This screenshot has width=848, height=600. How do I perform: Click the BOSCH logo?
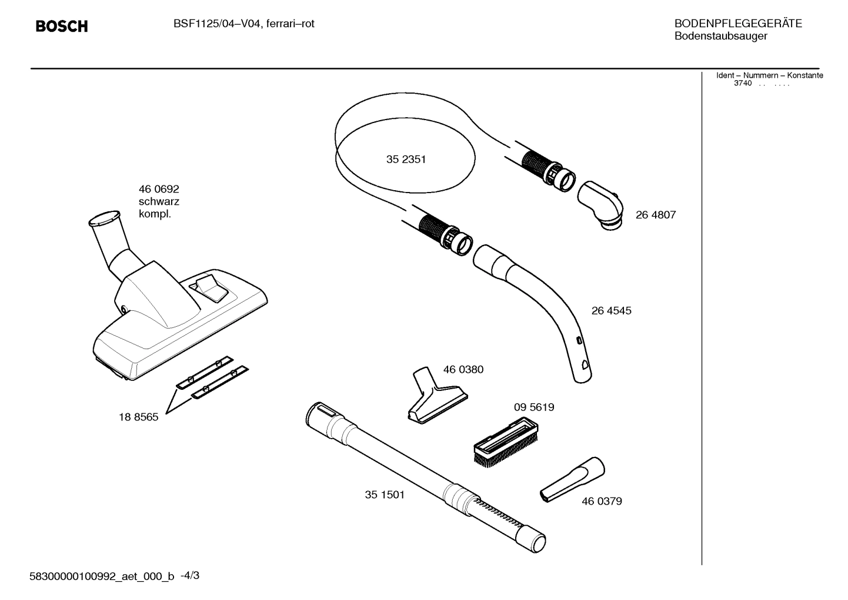coord(61,26)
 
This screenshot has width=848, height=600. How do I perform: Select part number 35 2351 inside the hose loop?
coord(406,160)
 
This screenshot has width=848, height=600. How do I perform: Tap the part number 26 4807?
coord(655,215)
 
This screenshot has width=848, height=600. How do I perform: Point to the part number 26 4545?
coord(611,311)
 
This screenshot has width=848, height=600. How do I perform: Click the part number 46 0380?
coord(463,370)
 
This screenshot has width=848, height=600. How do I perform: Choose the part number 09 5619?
coord(533,407)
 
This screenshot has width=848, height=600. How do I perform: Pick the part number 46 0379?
coord(602,501)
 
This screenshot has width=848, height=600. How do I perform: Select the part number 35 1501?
coord(385,495)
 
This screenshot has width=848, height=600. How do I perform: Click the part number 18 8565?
coord(138,417)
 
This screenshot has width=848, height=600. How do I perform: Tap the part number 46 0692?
coord(159,189)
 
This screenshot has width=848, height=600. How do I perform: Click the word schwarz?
coord(159,201)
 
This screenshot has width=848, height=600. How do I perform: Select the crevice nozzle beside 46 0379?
coord(572,479)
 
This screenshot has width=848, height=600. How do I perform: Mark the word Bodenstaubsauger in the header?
coord(720,37)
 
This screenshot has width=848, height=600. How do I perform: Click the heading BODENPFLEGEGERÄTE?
coord(737,24)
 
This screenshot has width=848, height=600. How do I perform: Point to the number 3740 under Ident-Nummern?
coord(742,84)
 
